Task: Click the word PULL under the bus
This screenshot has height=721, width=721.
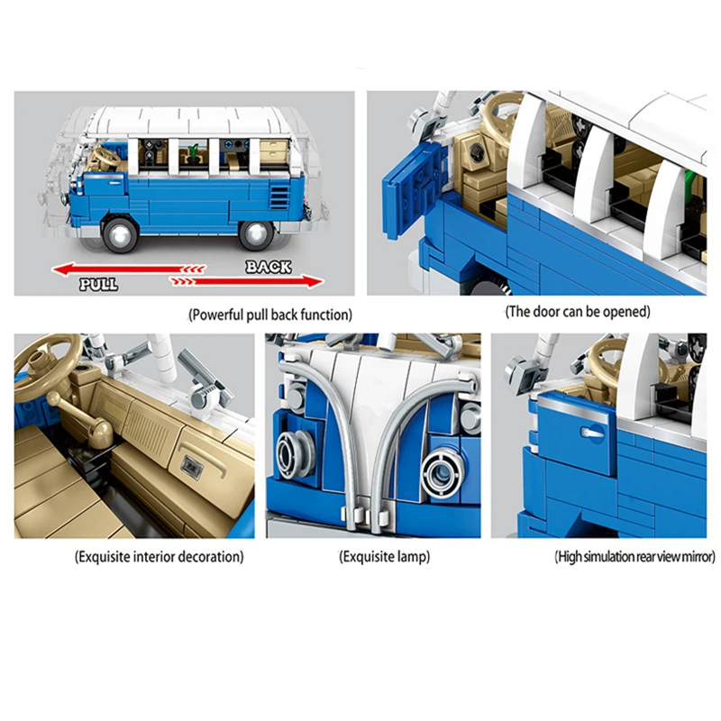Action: coord(98,284)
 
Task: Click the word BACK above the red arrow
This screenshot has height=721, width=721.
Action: coord(268,266)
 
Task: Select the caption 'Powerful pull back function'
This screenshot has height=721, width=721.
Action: coord(270,315)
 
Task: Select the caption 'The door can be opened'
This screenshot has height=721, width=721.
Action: coord(578,312)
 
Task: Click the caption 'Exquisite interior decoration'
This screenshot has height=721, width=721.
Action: coord(159,556)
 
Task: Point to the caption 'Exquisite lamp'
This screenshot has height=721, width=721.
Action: coord(385,556)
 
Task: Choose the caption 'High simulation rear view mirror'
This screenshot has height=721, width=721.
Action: coord(635,557)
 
